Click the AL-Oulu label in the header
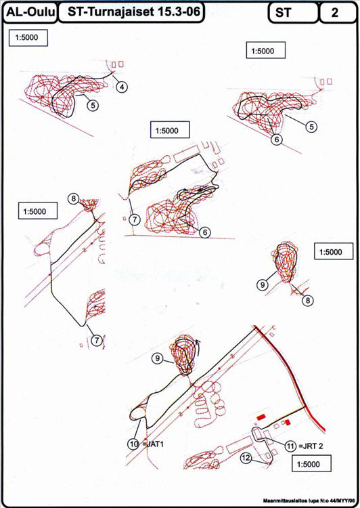tap(30, 12)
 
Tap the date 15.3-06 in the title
tap(178, 12)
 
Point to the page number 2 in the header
tap(335, 13)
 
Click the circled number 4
tap(121, 87)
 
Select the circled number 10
tap(134, 444)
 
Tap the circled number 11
tap(290, 446)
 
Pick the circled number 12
tap(246, 457)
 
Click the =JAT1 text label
tap(153, 444)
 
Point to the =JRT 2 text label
tap(311, 446)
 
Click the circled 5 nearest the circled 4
tap(93, 105)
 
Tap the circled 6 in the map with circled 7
tap(204, 232)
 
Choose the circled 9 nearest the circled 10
tap(158, 358)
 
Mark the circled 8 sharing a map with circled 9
tap(307, 300)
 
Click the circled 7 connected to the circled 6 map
tap(135, 219)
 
